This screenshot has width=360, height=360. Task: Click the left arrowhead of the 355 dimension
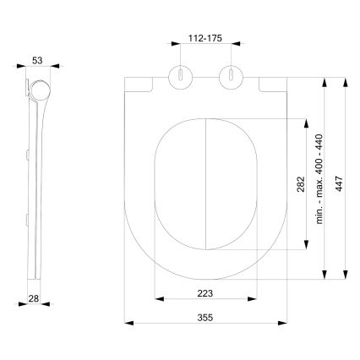(x=128, y=323)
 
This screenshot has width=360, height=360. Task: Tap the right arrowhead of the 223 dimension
(x=253, y=298)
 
